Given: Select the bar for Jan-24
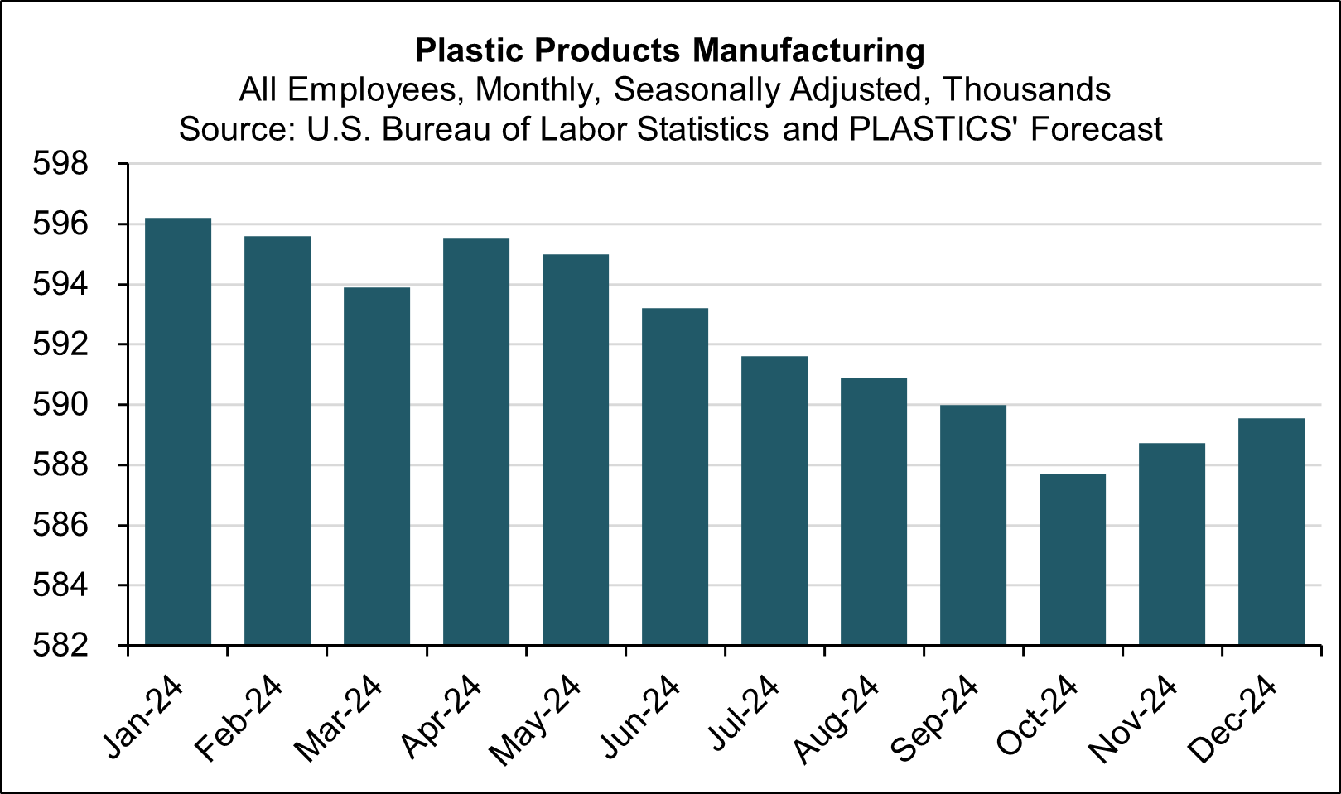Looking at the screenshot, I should click(x=178, y=431).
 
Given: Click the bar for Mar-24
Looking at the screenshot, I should click(x=377, y=465).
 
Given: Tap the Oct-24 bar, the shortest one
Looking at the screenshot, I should click(x=1073, y=559).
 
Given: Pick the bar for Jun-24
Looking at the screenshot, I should click(x=675, y=476).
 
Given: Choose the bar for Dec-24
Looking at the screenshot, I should click(x=1271, y=531).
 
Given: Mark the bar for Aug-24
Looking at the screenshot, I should click(x=874, y=511).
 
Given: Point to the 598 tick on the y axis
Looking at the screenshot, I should click(x=60, y=164).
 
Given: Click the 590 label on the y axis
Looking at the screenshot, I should click(x=60, y=405).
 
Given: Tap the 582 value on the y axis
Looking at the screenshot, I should click(x=60, y=645).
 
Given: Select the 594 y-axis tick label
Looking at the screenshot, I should click(x=60, y=285).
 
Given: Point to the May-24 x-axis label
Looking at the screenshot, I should click(x=536, y=720).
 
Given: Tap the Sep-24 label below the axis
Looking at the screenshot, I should click(x=935, y=719).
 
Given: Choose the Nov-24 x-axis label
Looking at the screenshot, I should click(x=1133, y=719).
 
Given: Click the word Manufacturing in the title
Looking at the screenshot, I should click(x=808, y=51).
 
